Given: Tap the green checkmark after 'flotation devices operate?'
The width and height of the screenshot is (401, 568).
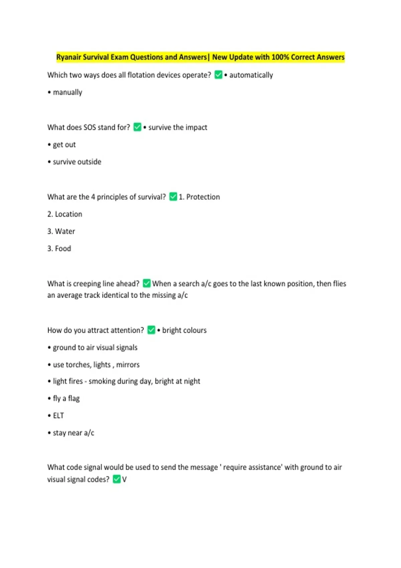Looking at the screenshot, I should [x=218, y=75].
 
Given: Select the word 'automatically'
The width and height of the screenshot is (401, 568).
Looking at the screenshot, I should [x=251, y=75].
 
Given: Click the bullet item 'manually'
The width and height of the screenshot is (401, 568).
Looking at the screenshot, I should [x=67, y=92].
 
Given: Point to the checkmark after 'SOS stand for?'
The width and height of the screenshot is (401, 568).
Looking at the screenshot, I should [x=137, y=127].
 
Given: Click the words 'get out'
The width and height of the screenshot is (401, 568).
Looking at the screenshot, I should [x=64, y=145].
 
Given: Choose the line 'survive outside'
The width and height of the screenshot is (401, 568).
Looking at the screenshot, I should [x=77, y=162].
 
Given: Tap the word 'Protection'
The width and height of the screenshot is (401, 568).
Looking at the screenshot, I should [x=203, y=197].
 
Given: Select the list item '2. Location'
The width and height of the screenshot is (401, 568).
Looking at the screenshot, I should [x=65, y=214].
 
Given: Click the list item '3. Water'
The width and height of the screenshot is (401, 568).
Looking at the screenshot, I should [x=61, y=231].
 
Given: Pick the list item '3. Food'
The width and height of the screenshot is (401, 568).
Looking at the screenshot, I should [x=59, y=249].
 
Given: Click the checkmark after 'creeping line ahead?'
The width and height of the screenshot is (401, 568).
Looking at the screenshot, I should [x=147, y=283].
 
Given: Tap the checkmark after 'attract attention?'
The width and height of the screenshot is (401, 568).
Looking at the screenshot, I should [x=151, y=330].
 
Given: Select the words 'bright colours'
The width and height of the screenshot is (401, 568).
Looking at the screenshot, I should [x=184, y=330].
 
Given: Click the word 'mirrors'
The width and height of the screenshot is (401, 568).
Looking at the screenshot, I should [x=128, y=365].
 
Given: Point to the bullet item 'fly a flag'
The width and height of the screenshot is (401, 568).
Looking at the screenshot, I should [x=66, y=398].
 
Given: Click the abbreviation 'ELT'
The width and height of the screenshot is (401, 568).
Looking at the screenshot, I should [x=58, y=416].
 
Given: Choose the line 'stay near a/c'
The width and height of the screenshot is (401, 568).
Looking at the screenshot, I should [x=73, y=433].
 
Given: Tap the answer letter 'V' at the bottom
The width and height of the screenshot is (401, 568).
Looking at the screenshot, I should [x=124, y=479].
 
